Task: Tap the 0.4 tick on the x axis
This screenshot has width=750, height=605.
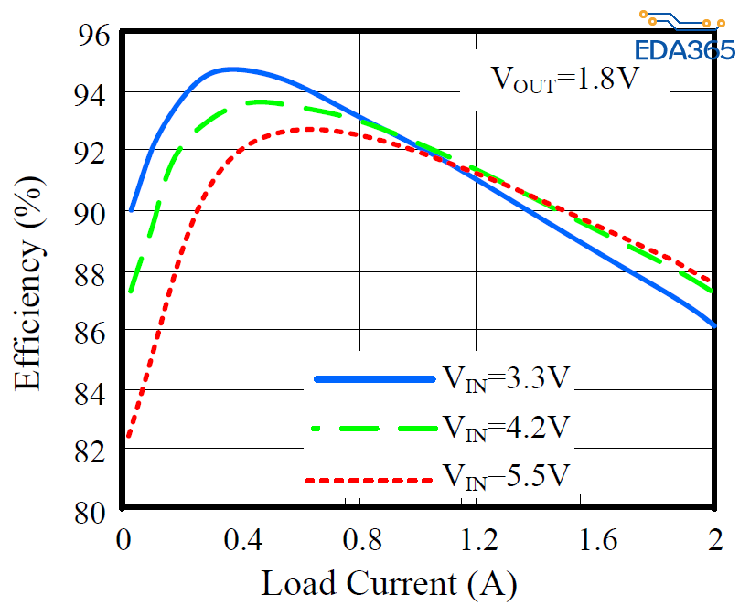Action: (241, 538)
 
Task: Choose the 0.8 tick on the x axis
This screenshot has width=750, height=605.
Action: (359, 538)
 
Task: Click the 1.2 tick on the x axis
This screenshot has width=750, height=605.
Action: (477, 538)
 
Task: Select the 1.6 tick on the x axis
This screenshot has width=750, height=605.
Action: (595, 538)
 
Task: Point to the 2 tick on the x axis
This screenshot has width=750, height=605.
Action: (714, 538)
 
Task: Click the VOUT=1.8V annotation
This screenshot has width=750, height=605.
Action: (564, 79)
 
